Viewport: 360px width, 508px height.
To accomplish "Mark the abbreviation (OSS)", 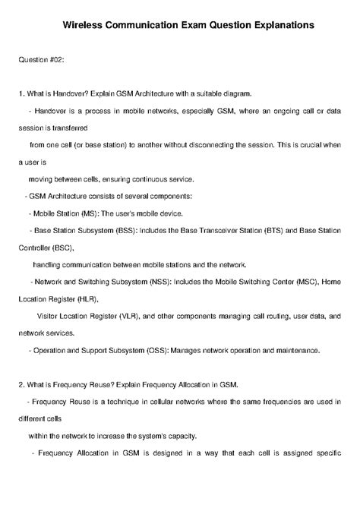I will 154,350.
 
